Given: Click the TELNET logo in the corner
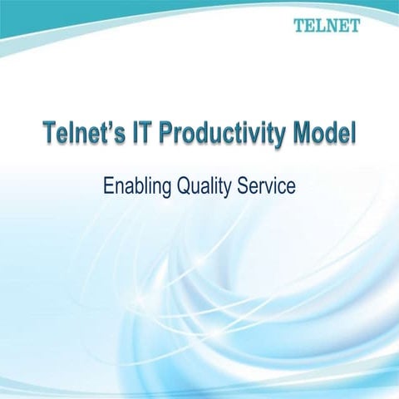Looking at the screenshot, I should click(327, 25).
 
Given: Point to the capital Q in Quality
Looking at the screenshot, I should click(182, 185).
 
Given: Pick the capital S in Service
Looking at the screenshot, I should click(245, 185).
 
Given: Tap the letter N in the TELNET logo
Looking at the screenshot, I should click(332, 25).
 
